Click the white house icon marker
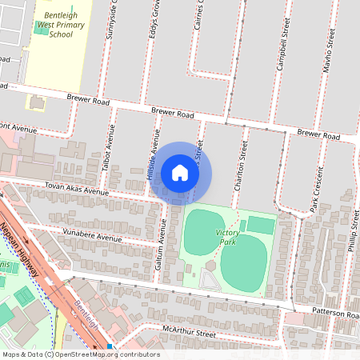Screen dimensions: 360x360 tap(180, 173)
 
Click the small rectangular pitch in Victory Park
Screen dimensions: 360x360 tap(259, 225)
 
